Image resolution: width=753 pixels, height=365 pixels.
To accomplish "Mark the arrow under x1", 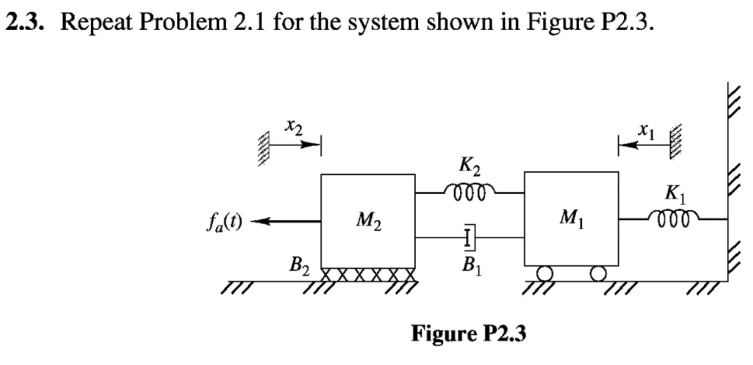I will (643, 146).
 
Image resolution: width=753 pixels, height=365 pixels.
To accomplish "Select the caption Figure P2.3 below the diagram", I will (468, 334).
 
